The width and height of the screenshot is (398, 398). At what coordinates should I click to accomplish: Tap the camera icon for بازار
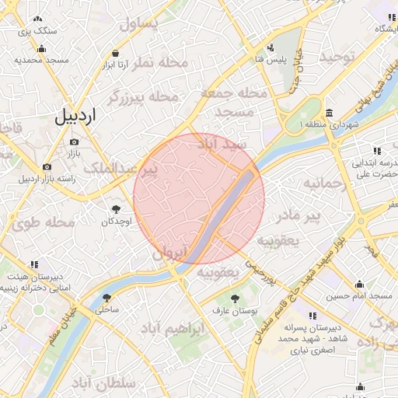(x=74, y=142)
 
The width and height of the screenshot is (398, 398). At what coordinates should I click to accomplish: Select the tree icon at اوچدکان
(x=116, y=208)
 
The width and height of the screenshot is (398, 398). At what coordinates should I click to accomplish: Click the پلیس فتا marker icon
(x=272, y=47)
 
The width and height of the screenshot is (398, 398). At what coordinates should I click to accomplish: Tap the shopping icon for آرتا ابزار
(x=116, y=53)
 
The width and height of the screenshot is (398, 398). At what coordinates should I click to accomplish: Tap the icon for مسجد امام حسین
(x=359, y=284)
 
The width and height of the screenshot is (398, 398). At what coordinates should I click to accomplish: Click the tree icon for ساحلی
(x=106, y=297)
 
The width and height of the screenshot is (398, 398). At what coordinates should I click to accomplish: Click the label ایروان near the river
(x=170, y=253)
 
